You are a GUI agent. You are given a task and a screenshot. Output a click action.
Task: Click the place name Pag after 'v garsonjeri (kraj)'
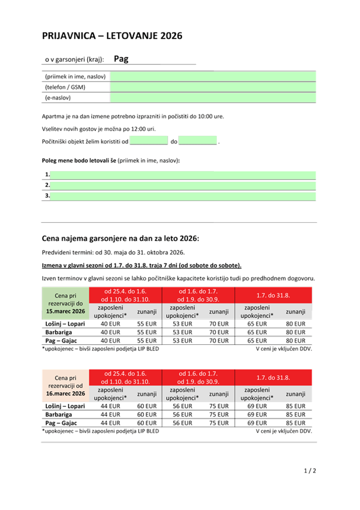pos(121,59)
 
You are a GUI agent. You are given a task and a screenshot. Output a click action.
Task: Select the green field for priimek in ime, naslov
pos(213,76)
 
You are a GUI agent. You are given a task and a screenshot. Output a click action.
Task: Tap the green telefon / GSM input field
pos(213,87)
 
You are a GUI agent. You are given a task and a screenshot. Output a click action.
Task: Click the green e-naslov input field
pos(213,98)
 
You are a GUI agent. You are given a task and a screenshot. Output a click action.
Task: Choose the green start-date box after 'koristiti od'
pos(149,141)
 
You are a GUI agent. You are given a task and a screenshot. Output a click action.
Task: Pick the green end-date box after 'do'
pos(198,141)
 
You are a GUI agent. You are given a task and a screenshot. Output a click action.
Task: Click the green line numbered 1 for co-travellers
pos(183,175)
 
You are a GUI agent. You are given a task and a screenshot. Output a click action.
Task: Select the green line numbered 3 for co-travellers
pos(183,196)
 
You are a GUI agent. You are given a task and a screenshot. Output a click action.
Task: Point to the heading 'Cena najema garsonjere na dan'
pos(120,239)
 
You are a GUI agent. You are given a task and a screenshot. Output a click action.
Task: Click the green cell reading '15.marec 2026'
pos(65,311)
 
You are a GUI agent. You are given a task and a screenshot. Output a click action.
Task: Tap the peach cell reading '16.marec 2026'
pos(65,393)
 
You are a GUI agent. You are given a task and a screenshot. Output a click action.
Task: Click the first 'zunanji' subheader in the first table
pos(147,311)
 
